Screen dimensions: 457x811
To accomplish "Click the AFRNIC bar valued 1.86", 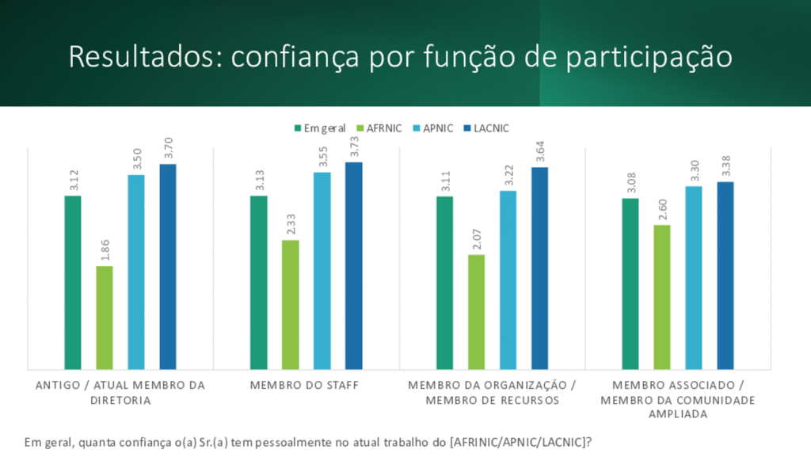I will pos(105,317).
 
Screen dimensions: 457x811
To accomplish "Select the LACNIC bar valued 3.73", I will pos(353,265).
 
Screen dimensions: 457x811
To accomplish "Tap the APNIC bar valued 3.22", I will pos(508,280).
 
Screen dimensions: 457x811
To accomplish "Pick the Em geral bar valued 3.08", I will pos(630,284).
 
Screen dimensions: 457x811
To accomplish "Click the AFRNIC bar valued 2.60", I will pos(662,297).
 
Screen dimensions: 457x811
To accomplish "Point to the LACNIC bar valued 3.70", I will pos(168,266).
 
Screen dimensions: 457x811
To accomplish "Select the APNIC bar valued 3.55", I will pos(322,270).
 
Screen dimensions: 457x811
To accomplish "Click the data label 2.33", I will pos(291,223).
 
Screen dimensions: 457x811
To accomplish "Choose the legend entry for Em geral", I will pos(320,128).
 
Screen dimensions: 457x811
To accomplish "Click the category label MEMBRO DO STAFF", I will pos(305,386).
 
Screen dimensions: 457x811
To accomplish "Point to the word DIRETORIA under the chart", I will pos(120,400).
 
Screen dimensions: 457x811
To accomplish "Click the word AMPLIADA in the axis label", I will pos(678,414).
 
